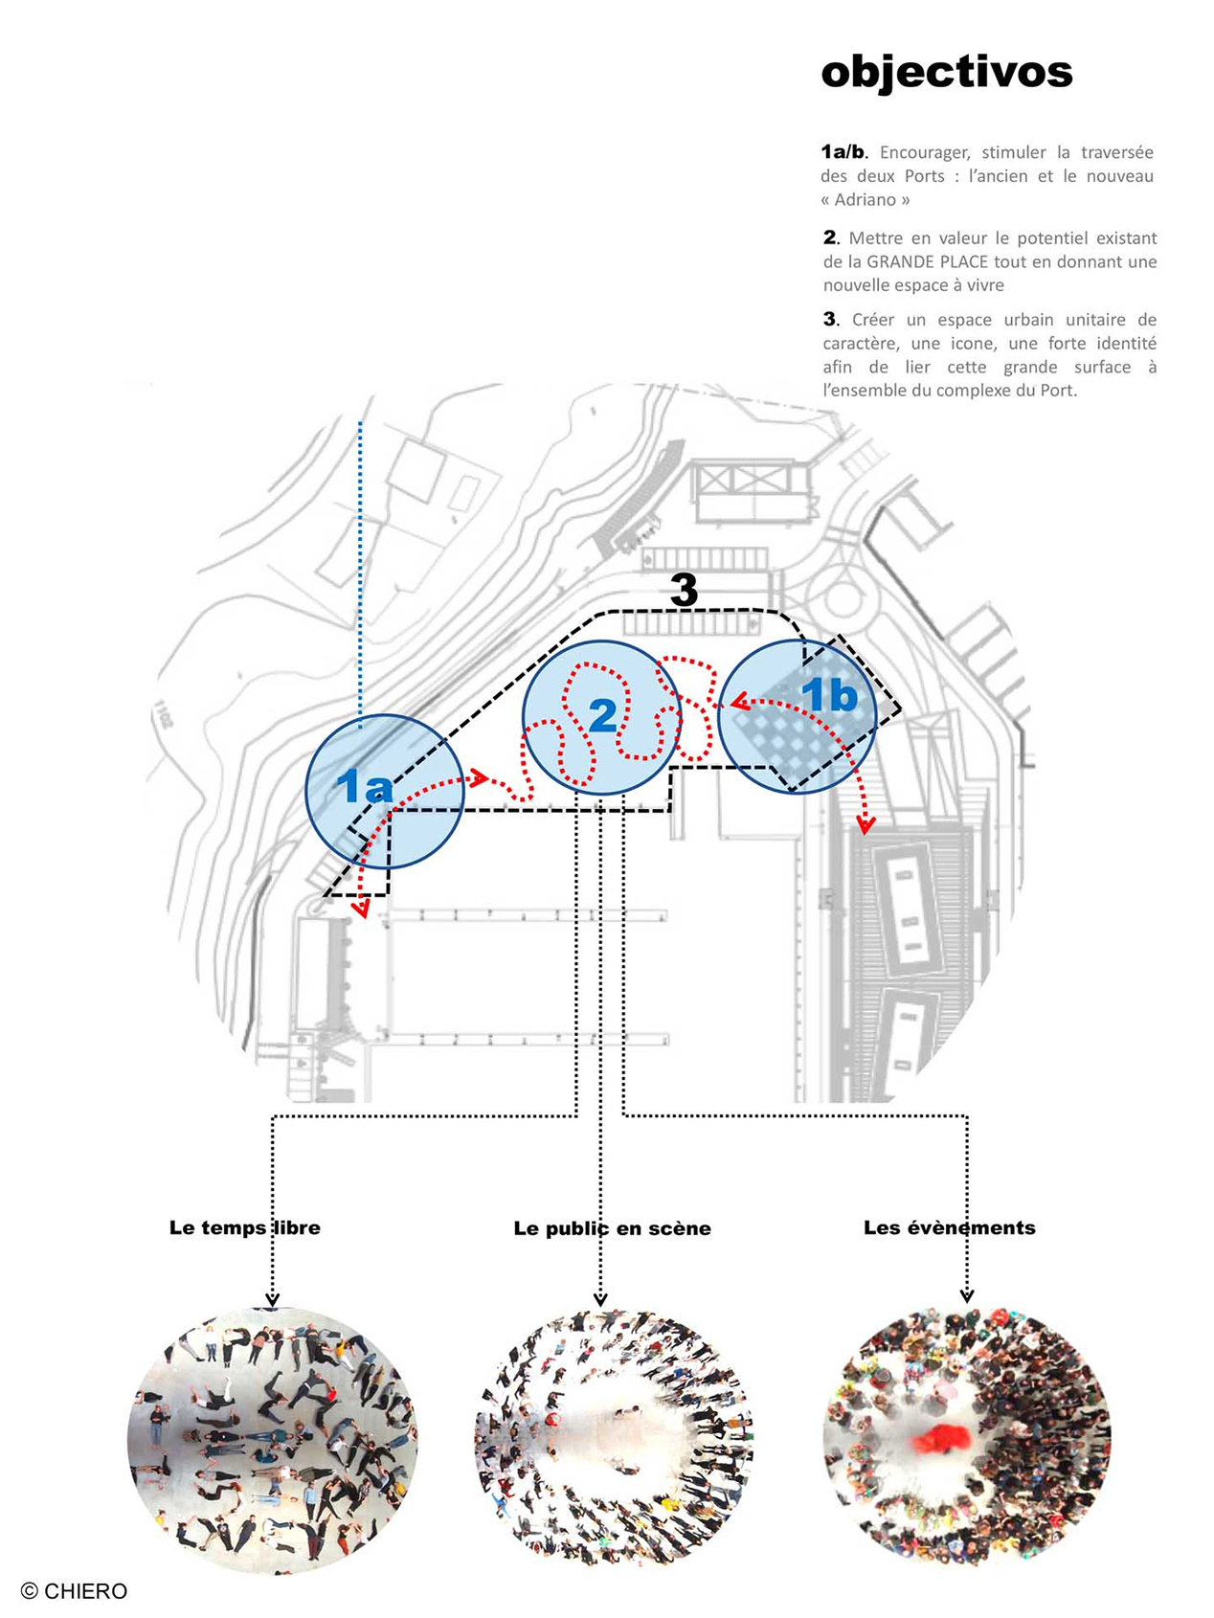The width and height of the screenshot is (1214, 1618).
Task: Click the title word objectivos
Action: [x=946, y=72]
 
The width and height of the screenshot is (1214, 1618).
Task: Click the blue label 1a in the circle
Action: [x=364, y=787]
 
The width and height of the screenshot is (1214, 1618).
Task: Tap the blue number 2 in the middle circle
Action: [x=602, y=715]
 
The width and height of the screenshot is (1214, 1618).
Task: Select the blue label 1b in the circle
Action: [x=829, y=694]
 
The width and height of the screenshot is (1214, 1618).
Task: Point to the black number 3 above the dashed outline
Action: [x=684, y=590]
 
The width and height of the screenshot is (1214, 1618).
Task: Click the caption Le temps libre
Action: [x=244, y=1227]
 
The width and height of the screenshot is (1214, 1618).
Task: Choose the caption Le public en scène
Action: [x=612, y=1228]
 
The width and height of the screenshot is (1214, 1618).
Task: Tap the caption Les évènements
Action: [x=949, y=1227]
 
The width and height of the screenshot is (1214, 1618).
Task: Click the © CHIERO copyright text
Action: [x=74, y=1590]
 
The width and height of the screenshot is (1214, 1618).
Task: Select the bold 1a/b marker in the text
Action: [x=843, y=151]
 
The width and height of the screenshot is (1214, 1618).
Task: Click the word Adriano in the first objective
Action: [x=866, y=200]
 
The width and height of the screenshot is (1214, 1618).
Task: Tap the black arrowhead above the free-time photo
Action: [x=273, y=1299]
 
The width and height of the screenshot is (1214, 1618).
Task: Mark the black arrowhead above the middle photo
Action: [x=600, y=1299]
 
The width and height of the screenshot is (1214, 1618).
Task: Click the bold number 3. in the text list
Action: [x=830, y=319]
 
